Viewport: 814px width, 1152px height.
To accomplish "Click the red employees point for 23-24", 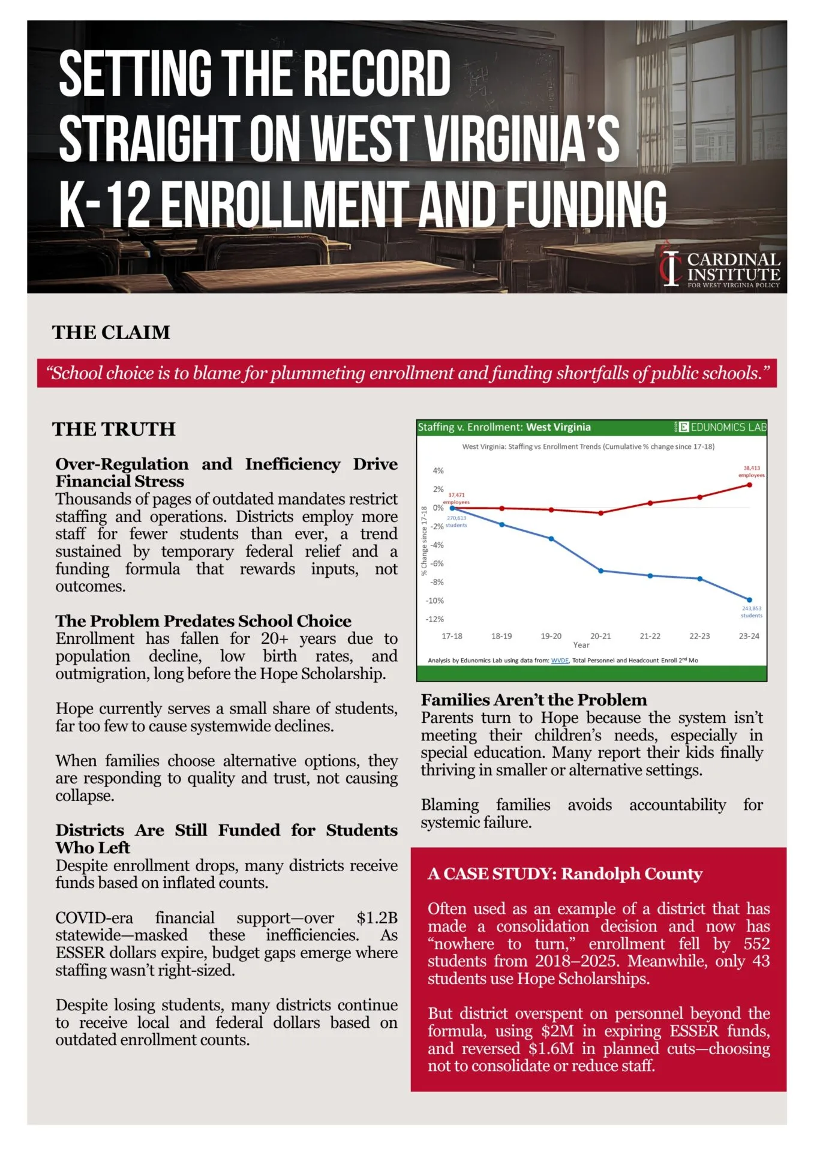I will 749,485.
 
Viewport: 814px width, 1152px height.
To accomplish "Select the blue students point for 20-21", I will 601,571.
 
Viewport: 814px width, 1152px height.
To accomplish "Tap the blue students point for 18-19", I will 502,524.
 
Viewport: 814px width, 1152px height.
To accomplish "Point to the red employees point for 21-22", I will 650,503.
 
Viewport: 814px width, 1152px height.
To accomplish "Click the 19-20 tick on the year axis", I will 551,636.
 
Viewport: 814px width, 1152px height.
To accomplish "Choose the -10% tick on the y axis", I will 435,601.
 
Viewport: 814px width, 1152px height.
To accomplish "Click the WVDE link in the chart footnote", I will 560,661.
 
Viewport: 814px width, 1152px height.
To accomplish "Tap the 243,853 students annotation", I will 752,612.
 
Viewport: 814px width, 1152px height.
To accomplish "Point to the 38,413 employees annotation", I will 752,472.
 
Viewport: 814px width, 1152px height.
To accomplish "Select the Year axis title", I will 581,645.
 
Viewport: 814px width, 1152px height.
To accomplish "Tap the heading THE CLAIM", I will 111,332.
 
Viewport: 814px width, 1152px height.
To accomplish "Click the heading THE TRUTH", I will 114,430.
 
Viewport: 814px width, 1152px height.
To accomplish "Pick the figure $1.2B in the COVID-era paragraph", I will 377,918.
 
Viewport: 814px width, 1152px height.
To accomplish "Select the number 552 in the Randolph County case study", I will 756,944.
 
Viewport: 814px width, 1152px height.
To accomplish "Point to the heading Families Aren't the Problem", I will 534,700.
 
